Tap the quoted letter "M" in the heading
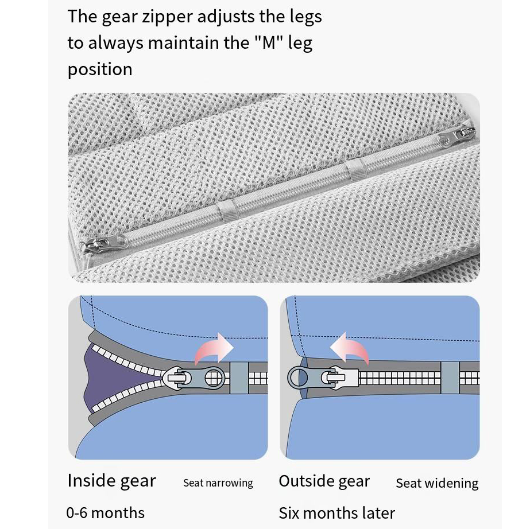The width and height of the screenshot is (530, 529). point(269,42)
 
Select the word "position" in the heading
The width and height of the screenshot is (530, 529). point(100,70)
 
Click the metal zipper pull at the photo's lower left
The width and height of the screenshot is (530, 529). point(105,243)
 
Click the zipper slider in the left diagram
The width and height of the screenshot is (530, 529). point(194,378)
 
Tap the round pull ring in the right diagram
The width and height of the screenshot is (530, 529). point(298,378)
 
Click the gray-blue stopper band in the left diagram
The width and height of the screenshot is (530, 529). point(239,378)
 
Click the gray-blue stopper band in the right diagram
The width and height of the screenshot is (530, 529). point(450,378)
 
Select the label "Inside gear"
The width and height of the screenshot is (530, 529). point(111,481)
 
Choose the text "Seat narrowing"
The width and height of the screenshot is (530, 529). point(218,483)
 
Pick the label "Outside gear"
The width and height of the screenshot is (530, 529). point(324,481)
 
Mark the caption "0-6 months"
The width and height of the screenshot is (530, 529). point(106,513)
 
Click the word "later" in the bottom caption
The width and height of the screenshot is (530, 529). point(378,513)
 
